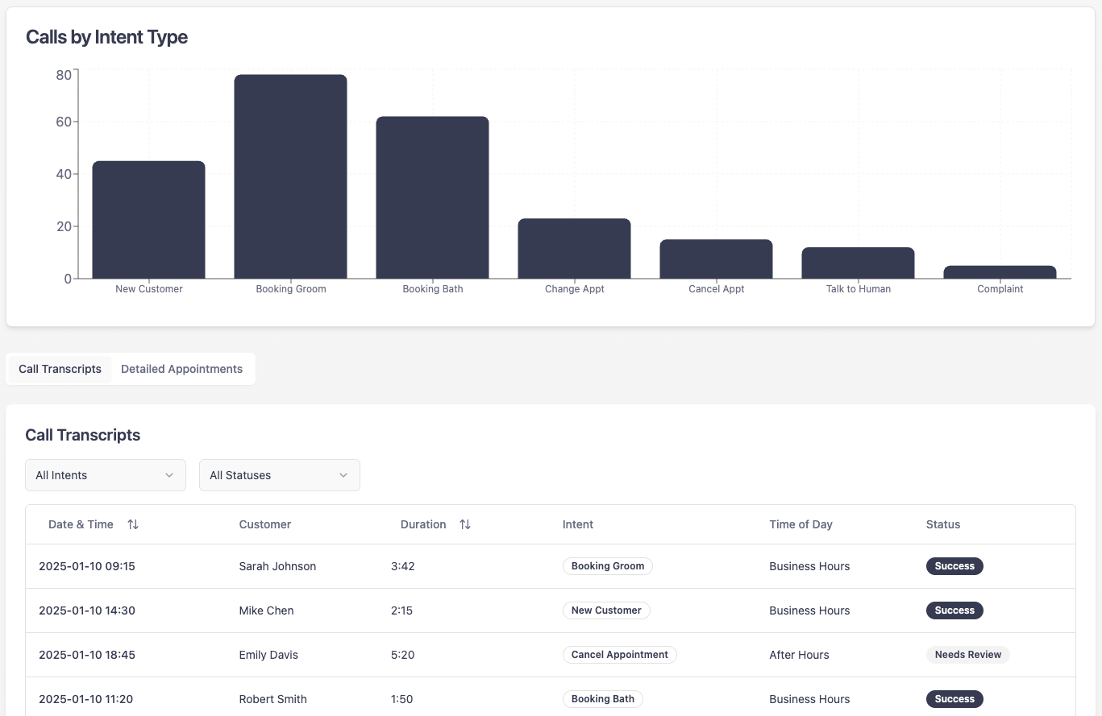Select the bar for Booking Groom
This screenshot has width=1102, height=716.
pyautogui.click(x=290, y=177)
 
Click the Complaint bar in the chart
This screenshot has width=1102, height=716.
pyautogui.click(x=1000, y=272)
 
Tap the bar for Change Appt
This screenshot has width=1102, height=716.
pyautogui.click(x=574, y=249)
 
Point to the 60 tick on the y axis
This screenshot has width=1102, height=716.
pyautogui.click(x=63, y=122)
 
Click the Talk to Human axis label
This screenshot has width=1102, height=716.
pyautogui.click(x=858, y=289)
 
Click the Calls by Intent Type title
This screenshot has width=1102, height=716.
pyautogui.click(x=106, y=37)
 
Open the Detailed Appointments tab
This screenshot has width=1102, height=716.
pyautogui.click(x=181, y=369)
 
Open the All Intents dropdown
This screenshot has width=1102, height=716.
pyautogui.click(x=106, y=475)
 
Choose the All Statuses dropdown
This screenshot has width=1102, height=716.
pyautogui.click(x=280, y=475)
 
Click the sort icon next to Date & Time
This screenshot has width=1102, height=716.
pyautogui.click(x=133, y=524)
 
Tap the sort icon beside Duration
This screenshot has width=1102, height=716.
pyautogui.click(x=465, y=524)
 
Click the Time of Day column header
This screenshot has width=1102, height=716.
pyautogui.click(x=801, y=524)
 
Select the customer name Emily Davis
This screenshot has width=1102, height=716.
pyautogui.click(x=268, y=655)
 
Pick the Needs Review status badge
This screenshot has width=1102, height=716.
pyautogui.click(x=967, y=655)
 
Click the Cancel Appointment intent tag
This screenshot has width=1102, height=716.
pyautogui.click(x=619, y=655)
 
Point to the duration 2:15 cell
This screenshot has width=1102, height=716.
pyautogui.click(x=401, y=610)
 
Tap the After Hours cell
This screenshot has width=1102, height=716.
pyautogui.click(x=799, y=655)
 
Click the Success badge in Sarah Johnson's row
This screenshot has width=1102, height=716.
pyautogui.click(x=954, y=566)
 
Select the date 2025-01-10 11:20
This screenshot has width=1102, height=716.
pyautogui.click(x=86, y=699)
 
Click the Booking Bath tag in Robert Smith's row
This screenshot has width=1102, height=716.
pyautogui.click(x=602, y=699)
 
